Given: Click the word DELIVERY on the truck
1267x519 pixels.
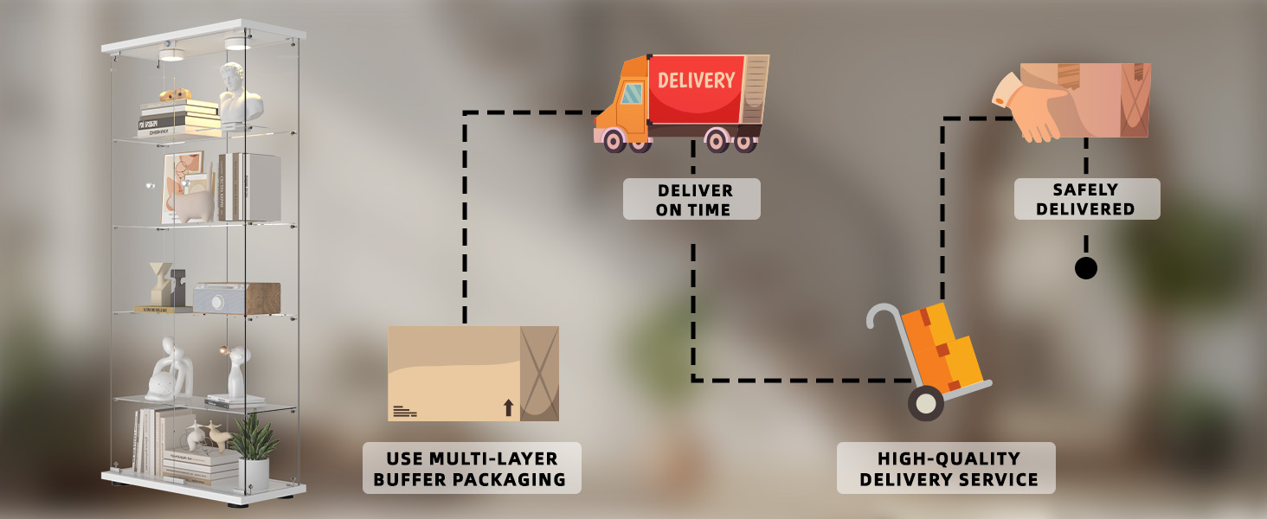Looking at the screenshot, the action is click(x=696, y=81).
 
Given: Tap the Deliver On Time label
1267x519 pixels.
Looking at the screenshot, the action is click(x=692, y=199).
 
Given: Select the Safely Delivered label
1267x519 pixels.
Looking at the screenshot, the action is click(x=1086, y=199).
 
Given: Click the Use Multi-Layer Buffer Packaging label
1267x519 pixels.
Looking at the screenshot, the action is click(x=472, y=468).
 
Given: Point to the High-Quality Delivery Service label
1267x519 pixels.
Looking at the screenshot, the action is click(x=946, y=468).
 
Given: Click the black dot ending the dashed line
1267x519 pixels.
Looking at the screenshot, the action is click(x=1085, y=268).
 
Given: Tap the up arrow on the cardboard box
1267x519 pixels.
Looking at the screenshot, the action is click(x=508, y=407).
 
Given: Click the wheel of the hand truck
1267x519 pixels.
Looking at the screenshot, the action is click(x=925, y=402).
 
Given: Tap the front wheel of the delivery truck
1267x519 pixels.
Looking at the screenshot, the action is click(x=614, y=139).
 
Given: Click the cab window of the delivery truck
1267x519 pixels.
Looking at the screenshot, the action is click(x=632, y=93).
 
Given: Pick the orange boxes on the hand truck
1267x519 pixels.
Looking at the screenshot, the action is click(x=943, y=346).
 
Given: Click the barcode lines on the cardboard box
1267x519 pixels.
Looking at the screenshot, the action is click(x=404, y=411).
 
